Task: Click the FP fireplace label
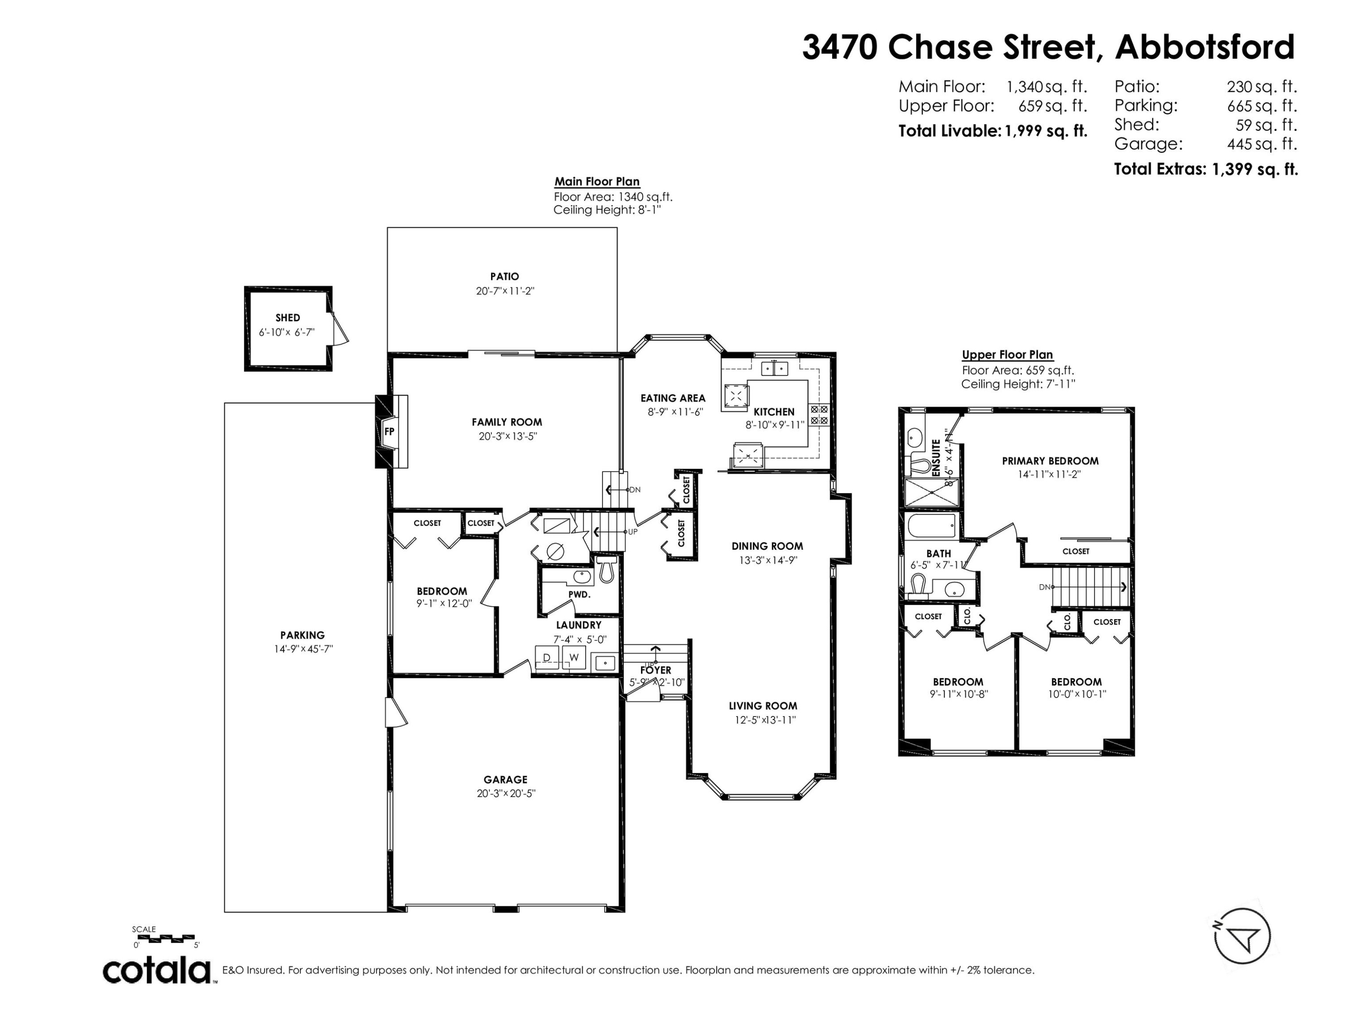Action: point(389,431)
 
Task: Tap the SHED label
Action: point(288,317)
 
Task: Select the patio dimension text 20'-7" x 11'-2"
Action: point(505,291)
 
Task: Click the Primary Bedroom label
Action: point(1050,461)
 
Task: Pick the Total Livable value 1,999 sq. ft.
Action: point(1046,131)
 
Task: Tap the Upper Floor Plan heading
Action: point(1007,355)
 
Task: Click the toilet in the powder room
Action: point(607,569)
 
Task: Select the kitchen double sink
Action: point(774,369)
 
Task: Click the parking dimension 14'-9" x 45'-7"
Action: point(303,649)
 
